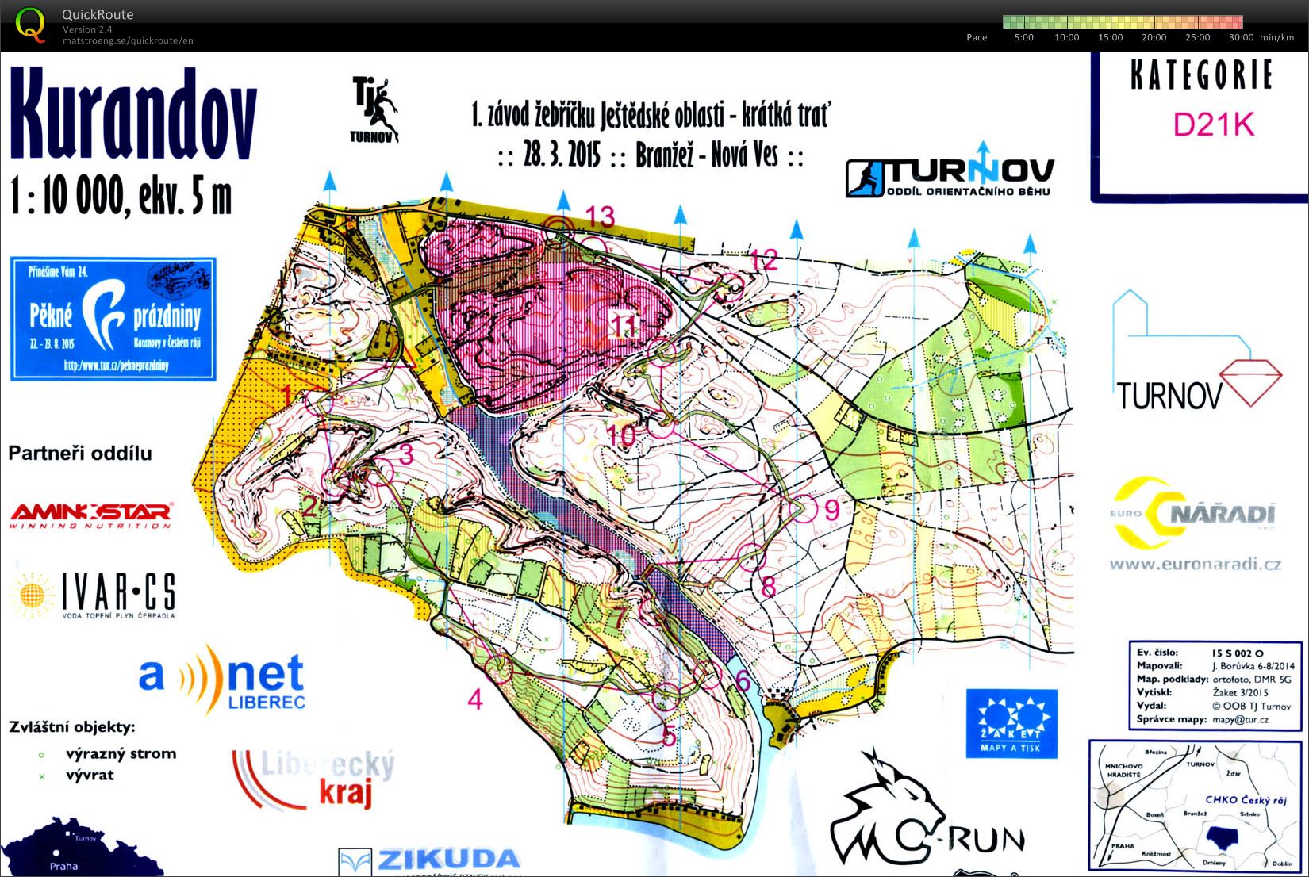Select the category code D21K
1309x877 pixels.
pyautogui.click(x=1214, y=124)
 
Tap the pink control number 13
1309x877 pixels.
pyautogui.click(x=600, y=216)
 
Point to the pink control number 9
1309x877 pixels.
pyautogui.click(x=832, y=509)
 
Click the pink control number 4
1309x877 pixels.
pyautogui.click(x=475, y=699)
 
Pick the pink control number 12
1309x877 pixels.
pyautogui.click(x=764, y=259)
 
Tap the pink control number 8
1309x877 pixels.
pyautogui.click(x=767, y=587)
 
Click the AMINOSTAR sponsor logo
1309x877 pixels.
pyautogui.click(x=90, y=515)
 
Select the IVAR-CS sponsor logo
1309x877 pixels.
pyautogui.click(x=94, y=594)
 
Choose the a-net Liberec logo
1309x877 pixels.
pyautogui.click(x=222, y=678)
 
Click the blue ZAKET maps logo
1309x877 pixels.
pyautogui.click(x=1011, y=722)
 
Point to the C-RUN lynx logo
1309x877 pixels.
pyautogui.click(x=924, y=817)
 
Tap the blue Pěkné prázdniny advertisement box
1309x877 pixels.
pyautogui.click(x=113, y=318)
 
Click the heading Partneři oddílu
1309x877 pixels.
pyautogui.click(x=79, y=454)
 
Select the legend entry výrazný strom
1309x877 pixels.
pyautogui.click(x=121, y=753)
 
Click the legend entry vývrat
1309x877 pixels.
pyautogui.click(x=90, y=775)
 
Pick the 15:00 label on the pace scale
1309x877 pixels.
pyautogui.click(x=1110, y=37)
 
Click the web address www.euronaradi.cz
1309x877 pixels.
pyautogui.click(x=1195, y=565)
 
